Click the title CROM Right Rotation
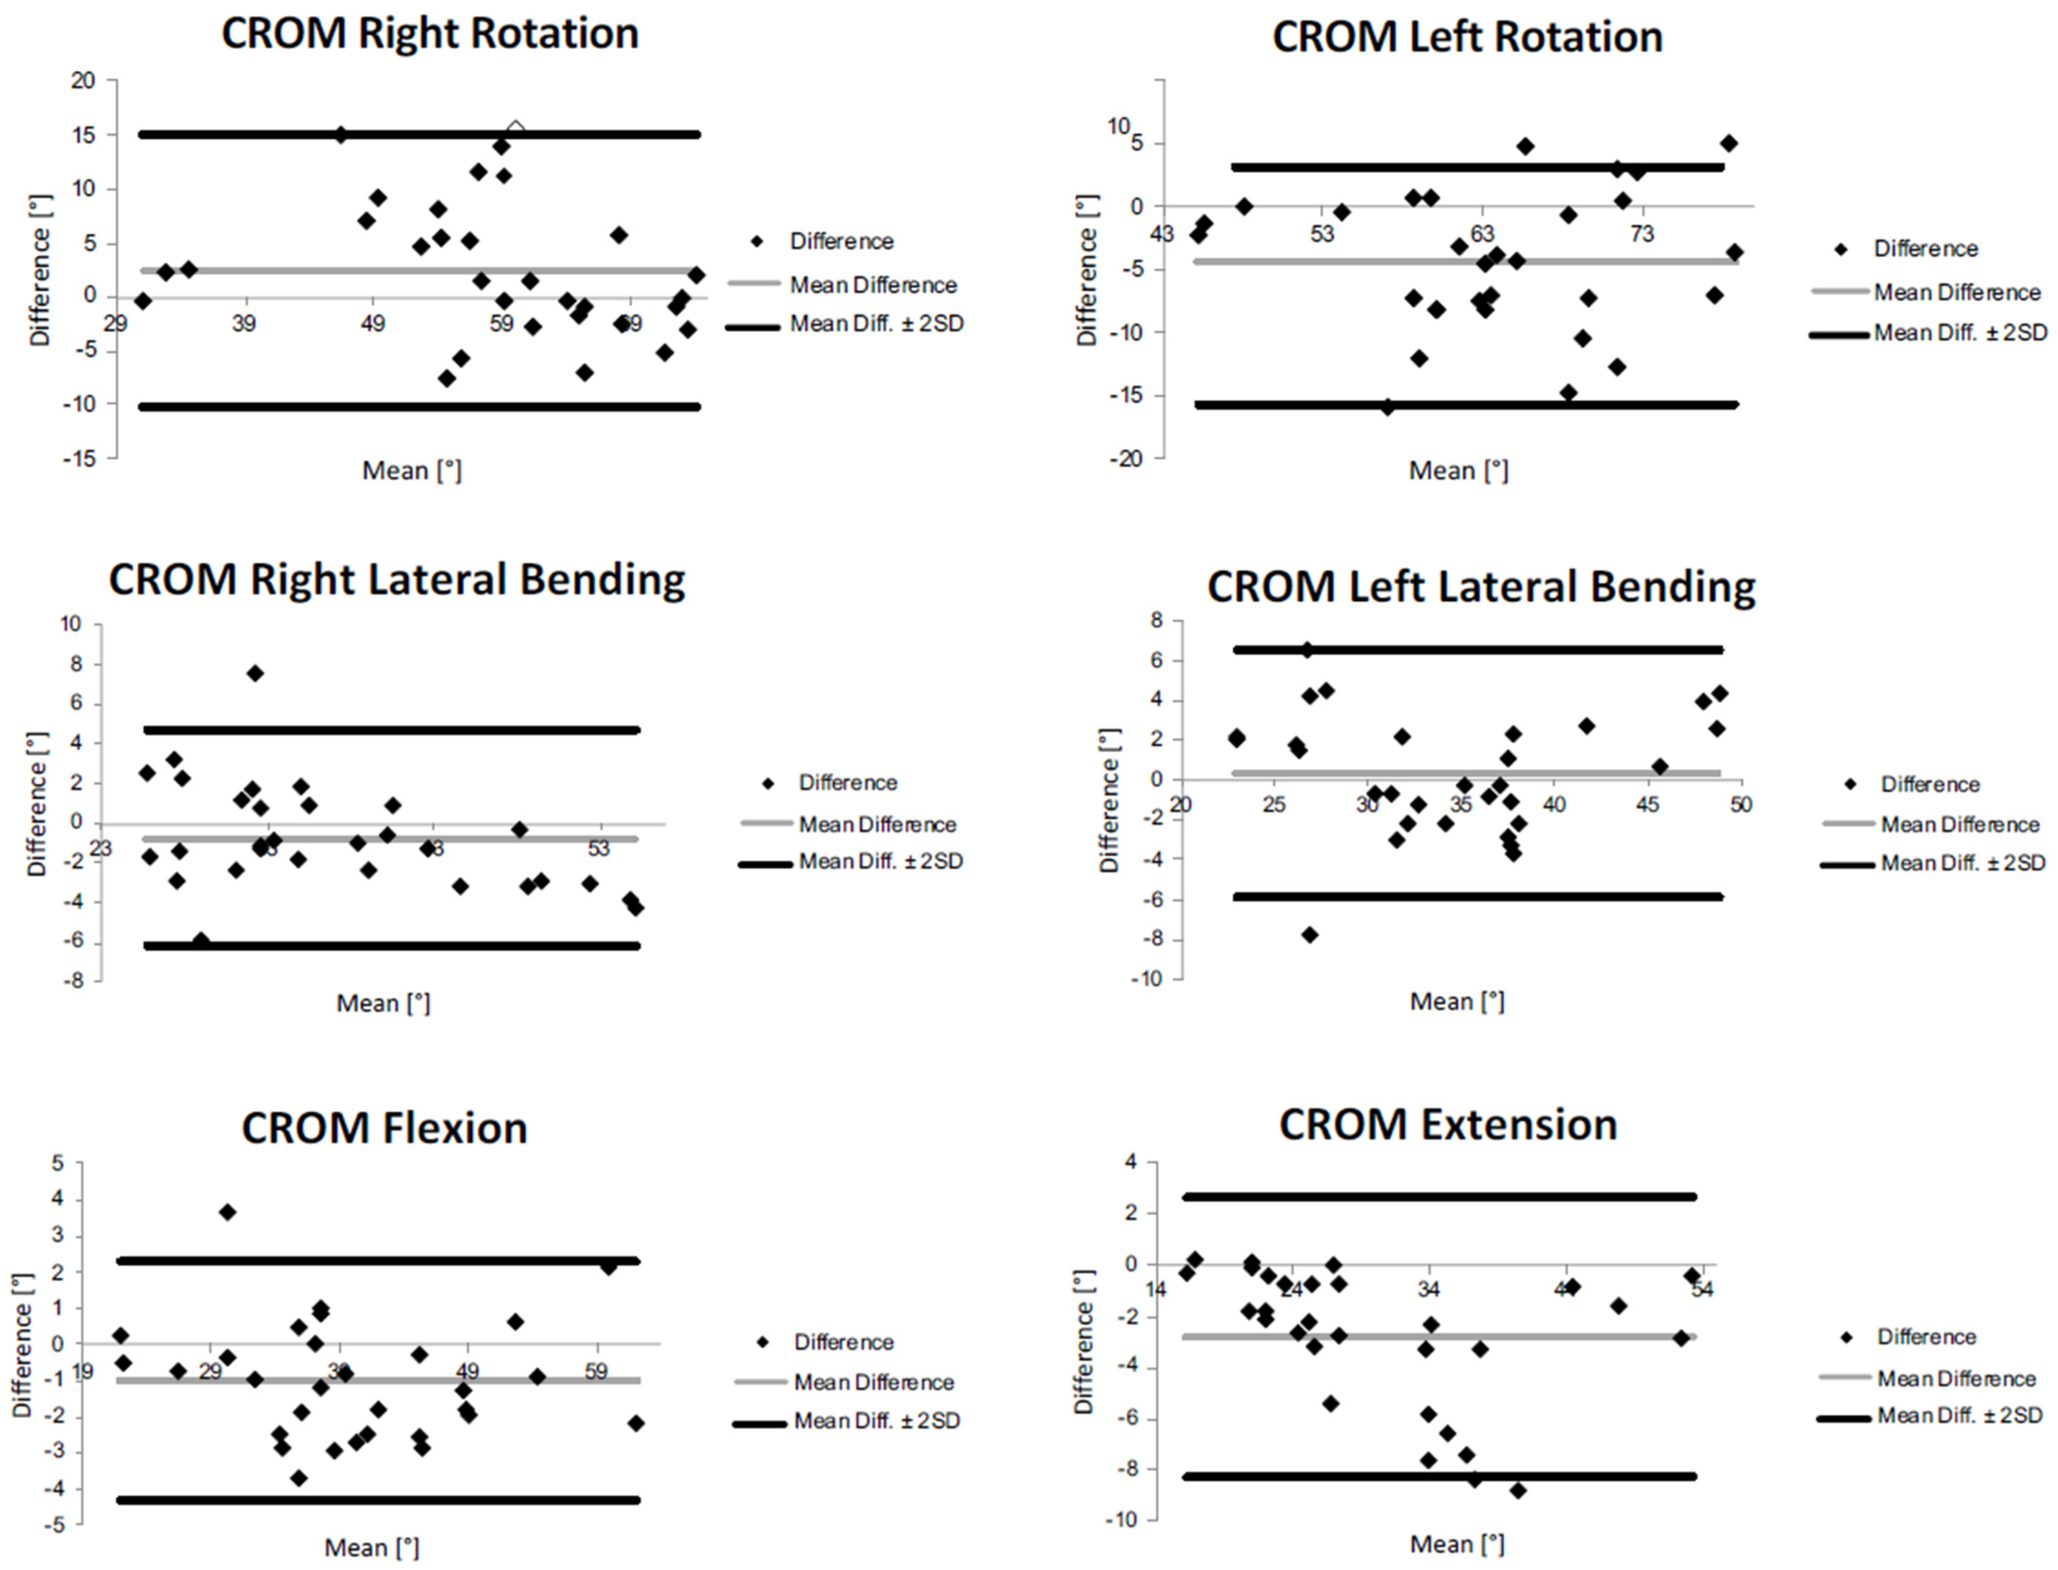430,34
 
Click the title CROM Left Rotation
1467,37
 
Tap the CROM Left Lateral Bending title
1481,587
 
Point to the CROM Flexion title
384,1128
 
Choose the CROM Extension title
1448,1124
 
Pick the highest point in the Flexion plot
227,1212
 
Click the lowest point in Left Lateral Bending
1309,935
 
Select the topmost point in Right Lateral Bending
255,673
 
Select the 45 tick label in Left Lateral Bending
1647,805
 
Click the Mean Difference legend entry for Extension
1956,1379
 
